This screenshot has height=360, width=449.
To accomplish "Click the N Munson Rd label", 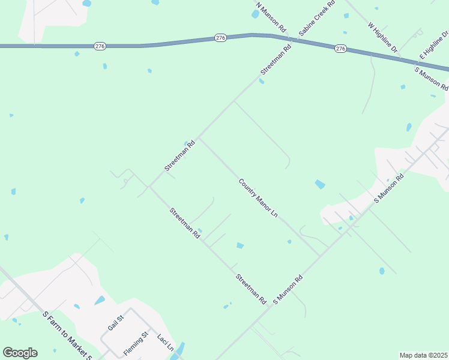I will tap(271, 17).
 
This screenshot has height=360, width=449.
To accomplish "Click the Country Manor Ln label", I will tap(259, 197).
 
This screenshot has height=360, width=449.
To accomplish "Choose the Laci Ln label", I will tap(166, 342).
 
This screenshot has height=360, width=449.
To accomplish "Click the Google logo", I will tap(20, 353).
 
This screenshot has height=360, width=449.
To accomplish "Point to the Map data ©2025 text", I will tap(424, 355).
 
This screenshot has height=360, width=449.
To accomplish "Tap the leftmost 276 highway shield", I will tap(100, 46).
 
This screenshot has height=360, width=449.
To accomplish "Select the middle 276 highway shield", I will tap(220, 38).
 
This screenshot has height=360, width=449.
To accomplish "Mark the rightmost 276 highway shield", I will tap(341, 48).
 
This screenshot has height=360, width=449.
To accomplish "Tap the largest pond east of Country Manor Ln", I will tap(319, 184).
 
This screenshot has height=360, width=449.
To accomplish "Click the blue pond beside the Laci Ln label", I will tap(178, 350).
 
